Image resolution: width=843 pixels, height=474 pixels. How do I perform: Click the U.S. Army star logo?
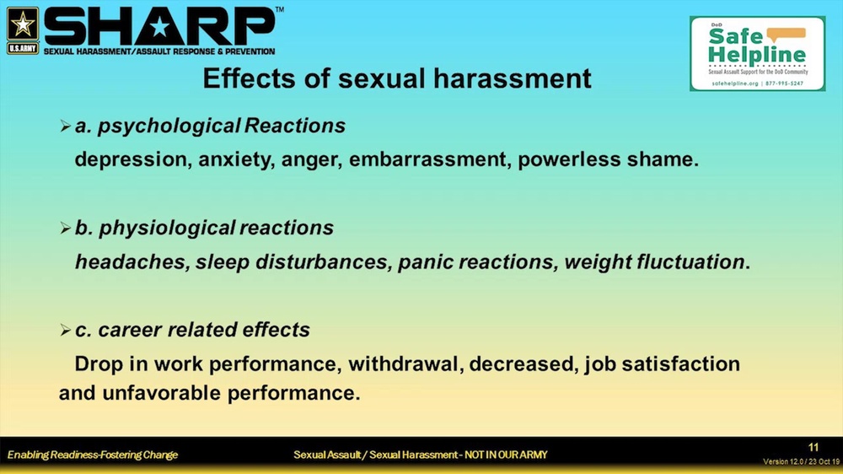(23, 30)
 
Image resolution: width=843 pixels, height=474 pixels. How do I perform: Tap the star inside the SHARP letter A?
(159, 28)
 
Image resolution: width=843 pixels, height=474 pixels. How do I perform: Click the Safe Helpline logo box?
(758, 53)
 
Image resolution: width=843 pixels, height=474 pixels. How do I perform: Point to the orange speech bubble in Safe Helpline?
(786, 35)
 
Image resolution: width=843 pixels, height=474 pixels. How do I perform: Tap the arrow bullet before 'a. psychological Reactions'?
(66, 127)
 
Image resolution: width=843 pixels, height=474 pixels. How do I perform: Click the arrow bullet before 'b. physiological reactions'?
(66, 229)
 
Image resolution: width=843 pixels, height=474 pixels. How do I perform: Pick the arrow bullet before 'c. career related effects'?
(66, 331)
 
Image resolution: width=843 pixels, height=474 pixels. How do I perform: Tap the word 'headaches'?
(132, 262)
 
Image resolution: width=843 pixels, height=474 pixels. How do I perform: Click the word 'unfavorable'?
(161, 393)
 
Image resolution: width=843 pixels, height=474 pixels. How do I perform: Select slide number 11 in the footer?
(813, 448)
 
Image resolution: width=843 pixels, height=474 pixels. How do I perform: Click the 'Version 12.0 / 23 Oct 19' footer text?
(801, 461)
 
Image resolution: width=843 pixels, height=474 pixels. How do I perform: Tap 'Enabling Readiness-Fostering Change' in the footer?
(93, 455)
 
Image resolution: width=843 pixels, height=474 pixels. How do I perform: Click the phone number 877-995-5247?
(784, 83)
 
